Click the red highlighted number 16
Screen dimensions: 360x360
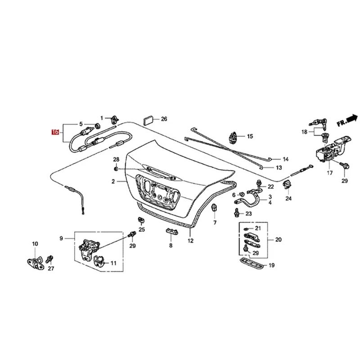pyautogui.click(x=55, y=132)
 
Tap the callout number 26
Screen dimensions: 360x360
pyautogui.click(x=164, y=119)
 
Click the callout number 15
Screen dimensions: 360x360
pyautogui.click(x=250, y=136)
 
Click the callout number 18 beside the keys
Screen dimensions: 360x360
pyautogui.click(x=305, y=131)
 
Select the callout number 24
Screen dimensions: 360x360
pyautogui.click(x=288, y=198)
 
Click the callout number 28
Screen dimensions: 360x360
pyautogui.click(x=116, y=160)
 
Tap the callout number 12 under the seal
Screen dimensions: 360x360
pyautogui.click(x=190, y=241)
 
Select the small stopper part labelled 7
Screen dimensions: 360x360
pyautogui.click(x=215, y=207)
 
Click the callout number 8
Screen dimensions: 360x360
pyautogui.click(x=171, y=246)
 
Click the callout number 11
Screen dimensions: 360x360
pyautogui.click(x=113, y=263)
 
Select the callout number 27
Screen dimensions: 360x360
pyautogui.click(x=51, y=269)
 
